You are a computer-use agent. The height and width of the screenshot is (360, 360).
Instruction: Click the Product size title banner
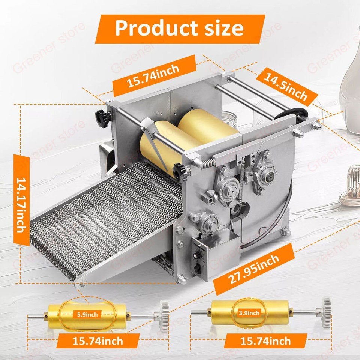180,28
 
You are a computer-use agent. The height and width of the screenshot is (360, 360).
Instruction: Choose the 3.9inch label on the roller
249,312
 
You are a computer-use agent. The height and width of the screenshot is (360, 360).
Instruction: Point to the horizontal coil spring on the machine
210,162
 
